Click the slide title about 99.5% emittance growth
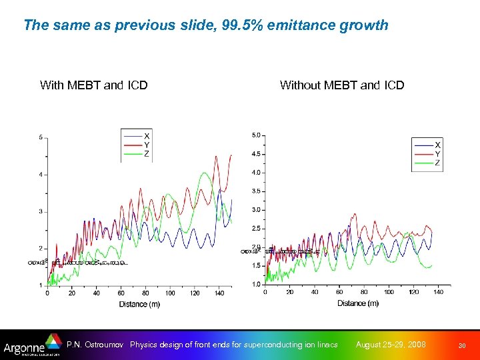tap(205, 25)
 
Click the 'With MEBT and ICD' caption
tap(93, 85)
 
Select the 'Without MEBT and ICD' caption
tap(341, 85)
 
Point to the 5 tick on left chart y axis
tap(41, 137)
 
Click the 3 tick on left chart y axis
tap(41, 211)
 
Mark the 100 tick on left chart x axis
tap(170, 293)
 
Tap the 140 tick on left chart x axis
tap(220, 293)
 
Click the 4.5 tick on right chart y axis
tap(255, 154)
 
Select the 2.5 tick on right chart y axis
tap(255, 229)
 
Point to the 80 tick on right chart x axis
tap(364, 292)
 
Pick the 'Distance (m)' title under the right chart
tap(358, 303)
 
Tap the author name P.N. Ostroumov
tap(95, 345)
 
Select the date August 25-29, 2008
tap(391, 345)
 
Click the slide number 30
tap(462, 345)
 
